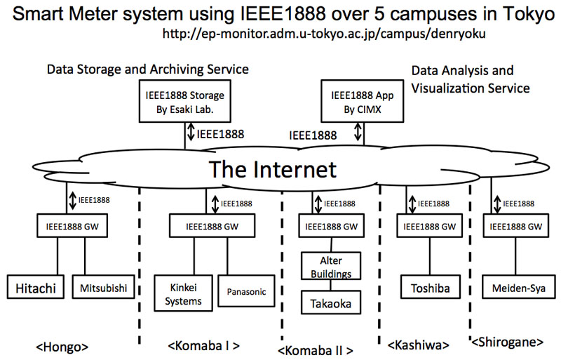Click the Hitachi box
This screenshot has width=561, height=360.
[x=36, y=287]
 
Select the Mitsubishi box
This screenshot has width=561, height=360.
[x=103, y=287]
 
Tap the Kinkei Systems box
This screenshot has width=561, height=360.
[x=183, y=293]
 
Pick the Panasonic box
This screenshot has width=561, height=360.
[x=247, y=291]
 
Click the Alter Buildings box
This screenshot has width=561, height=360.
[x=331, y=266]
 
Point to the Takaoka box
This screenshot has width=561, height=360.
[x=331, y=302]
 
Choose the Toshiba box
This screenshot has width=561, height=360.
[x=431, y=287]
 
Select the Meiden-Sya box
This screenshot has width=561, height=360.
[x=519, y=287]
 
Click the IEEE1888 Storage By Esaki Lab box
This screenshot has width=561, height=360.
[x=185, y=101]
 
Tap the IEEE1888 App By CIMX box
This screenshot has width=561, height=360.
[x=363, y=101]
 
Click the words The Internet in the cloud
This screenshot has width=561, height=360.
[x=273, y=169]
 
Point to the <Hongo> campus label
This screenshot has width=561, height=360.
[x=62, y=347]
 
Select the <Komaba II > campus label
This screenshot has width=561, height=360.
[x=315, y=350]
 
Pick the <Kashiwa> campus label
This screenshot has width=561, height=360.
[x=418, y=345]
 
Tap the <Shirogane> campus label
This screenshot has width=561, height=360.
[x=507, y=342]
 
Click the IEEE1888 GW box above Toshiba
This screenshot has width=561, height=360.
[x=430, y=226]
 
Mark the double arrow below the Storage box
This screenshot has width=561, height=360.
[x=191, y=132]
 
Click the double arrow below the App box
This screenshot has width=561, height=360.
[x=358, y=132]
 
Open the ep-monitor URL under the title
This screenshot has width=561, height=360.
[x=324, y=33]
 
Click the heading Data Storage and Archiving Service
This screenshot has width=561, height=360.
[x=148, y=69]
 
